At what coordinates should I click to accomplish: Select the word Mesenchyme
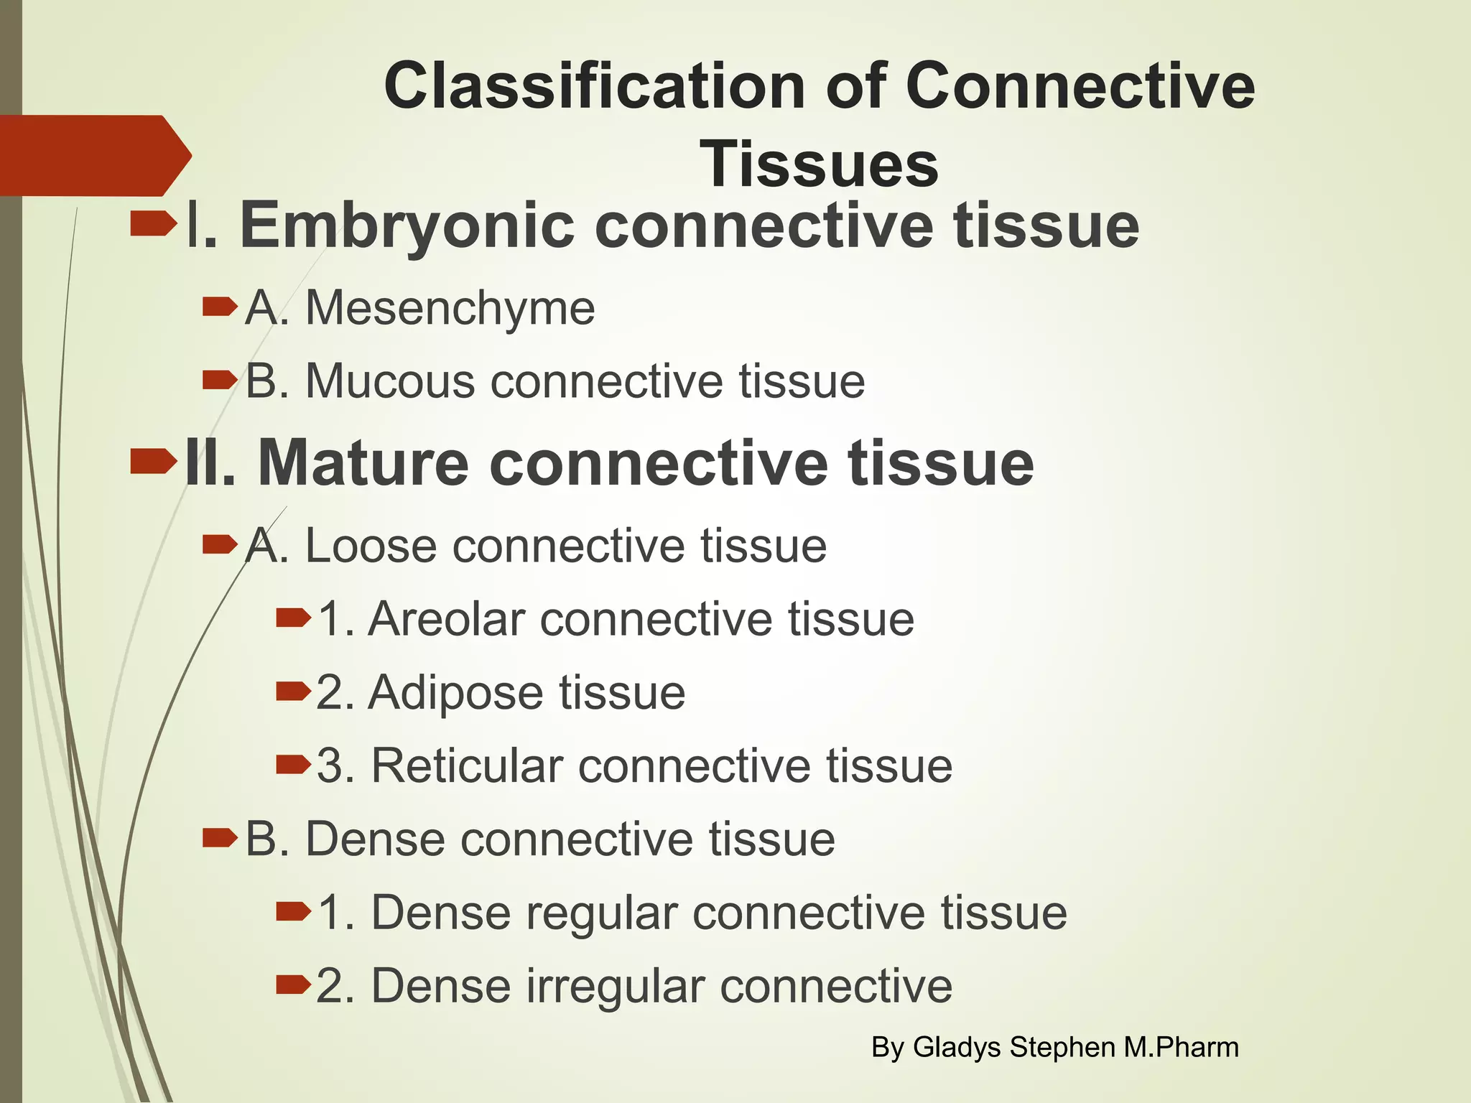tap(450, 309)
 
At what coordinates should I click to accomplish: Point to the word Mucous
tap(390, 381)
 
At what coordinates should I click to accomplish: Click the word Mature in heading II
tap(363, 463)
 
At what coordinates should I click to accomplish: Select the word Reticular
tap(467, 766)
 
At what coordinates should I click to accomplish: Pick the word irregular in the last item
tap(616, 986)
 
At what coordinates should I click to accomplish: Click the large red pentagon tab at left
tap(90, 156)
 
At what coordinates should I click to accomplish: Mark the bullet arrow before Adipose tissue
tap(293, 691)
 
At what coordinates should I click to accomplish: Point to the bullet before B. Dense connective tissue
tap(219, 837)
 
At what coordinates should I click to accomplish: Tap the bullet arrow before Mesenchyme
tap(219, 307)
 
